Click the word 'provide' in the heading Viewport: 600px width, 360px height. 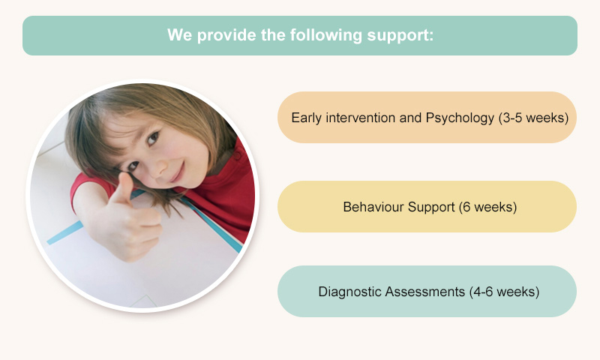click(226, 35)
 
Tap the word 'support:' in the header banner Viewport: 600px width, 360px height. click(400, 35)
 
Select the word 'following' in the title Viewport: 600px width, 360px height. click(325, 35)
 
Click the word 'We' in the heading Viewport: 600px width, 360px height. click(179, 34)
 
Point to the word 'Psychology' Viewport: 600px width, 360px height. click(460, 118)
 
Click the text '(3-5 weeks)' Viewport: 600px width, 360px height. click(533, 118)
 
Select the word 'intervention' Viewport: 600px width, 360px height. click(360, 118)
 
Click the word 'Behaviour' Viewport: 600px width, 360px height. click(373, 207)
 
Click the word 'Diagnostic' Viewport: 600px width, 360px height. click(349, 292)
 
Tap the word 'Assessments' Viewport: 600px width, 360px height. click(425, 292)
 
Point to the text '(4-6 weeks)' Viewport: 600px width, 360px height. click(504, 292)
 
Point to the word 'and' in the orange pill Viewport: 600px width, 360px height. click(410, 118)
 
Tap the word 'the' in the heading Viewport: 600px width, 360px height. click(273, 35)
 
